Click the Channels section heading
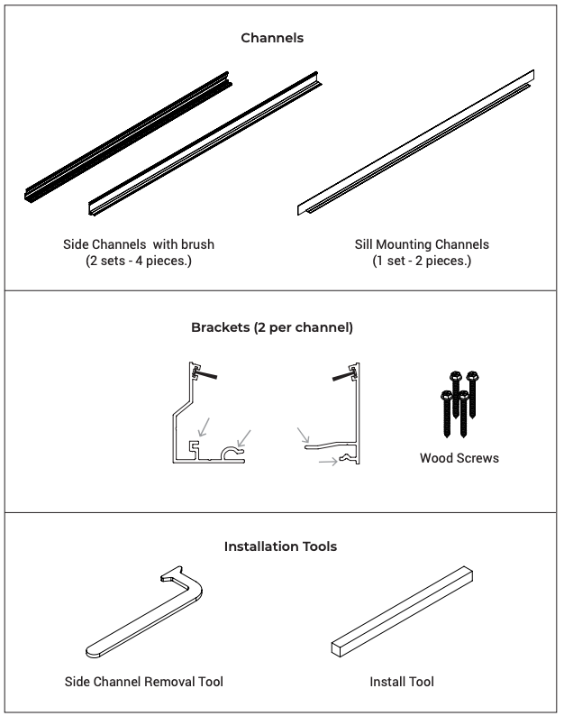tap(272, 38)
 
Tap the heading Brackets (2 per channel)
tap(272, 327)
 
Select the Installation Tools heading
tap(280, 546)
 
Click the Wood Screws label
tap(459, 458)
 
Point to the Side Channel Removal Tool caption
tap(144, 682)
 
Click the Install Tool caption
tap(402, 682)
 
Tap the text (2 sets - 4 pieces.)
tap(139, 261)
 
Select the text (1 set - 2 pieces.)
tap(422, 261)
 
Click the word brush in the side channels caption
tap(198, 244)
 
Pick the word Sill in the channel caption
tap(364, 244)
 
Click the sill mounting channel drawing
tap(415, 142)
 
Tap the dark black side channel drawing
tap(128, 137)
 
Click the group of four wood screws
tap(459, 404)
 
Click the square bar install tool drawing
tap(402, 612)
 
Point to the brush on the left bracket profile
tap(205, 374)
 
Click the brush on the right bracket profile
tap(344, 376)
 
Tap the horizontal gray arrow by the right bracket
tap(328, 462)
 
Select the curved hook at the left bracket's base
tap(232, 452)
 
